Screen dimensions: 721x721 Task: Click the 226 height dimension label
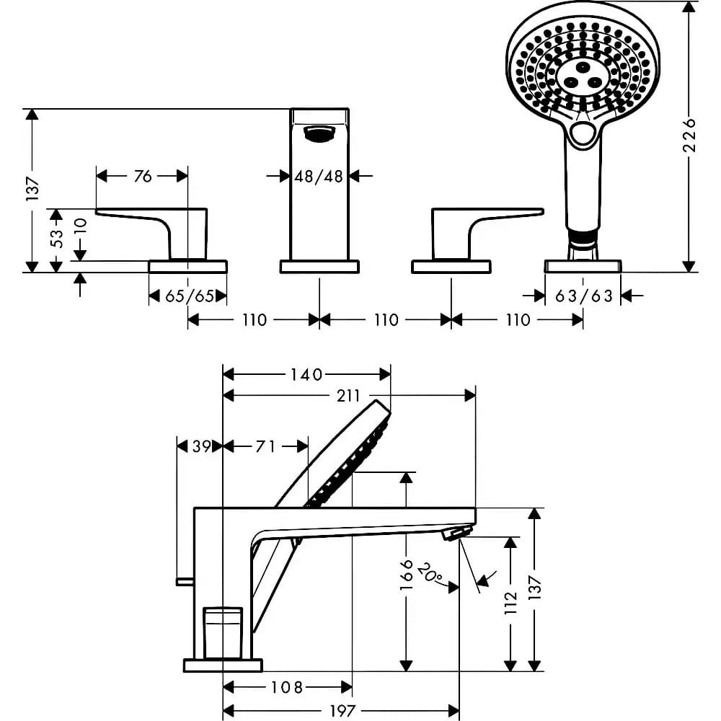point(690,136)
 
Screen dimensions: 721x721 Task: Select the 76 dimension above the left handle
point(143,176)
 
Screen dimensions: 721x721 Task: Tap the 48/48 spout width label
point(319,176)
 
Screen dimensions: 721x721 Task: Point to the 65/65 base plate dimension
point(190,296)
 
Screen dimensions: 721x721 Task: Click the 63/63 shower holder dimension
point(583,296)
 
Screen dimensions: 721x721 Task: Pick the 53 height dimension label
point(58,239)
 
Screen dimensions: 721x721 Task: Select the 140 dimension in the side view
point(306,375)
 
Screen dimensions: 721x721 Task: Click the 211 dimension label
point(348,395)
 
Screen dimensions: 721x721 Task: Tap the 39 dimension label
point(201,446)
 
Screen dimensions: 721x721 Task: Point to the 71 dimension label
point(265,446)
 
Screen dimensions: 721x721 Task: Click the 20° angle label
point(430,573)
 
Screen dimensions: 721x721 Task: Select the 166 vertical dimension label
point(407,575)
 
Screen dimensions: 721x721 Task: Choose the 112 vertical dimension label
point(511,603)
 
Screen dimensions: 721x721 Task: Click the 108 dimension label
point(286,687)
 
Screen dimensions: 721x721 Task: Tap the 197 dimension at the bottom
point(342,711)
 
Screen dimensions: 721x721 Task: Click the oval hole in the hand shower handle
point(583,135)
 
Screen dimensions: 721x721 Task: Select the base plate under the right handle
point(451,267)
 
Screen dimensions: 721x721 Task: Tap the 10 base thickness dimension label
point(80,227)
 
